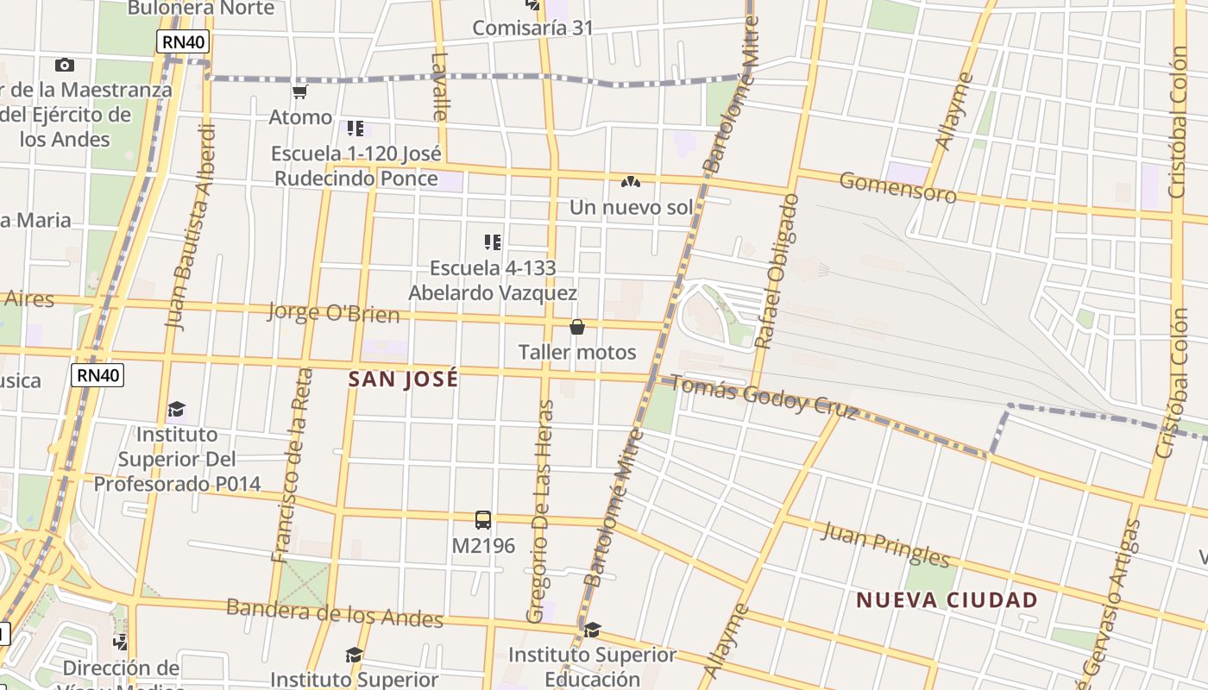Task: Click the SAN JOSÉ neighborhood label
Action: pyautogui.click(x=403, y=379)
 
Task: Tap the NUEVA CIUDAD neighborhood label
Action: pyautogui.click(x=947, y=599)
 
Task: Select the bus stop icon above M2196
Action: pyautogui.click(x=483, y=520)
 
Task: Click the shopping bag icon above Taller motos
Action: pyautogui.click(x=577, y=327)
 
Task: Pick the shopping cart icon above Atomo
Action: pyautogui.click(x=300, y=91)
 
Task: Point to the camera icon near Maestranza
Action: pyautogui.click(x=64, y=65)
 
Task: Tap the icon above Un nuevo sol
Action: pyautogui.click(x=631, y=182)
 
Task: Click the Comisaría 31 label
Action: pyautogui.click(x=532, y=28)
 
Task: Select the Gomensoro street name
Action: pyautogui.click(x=897, y=187)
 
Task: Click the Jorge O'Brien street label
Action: pyautogui.click(x=333, y=312)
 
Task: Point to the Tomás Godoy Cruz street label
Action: pyautogui.click(x=763, y=398)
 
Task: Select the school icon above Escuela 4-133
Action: pyautogui.click(x=493, y=242)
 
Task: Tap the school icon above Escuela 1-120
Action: pyautogui.click(x=355, y=129)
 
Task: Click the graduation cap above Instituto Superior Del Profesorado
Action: pyautogui.click(x=176, y=408)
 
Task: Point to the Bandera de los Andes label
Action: pyautogui.click(x=334, y=612)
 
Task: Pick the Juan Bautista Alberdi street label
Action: pyautogui.click(x=190, y=227)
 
